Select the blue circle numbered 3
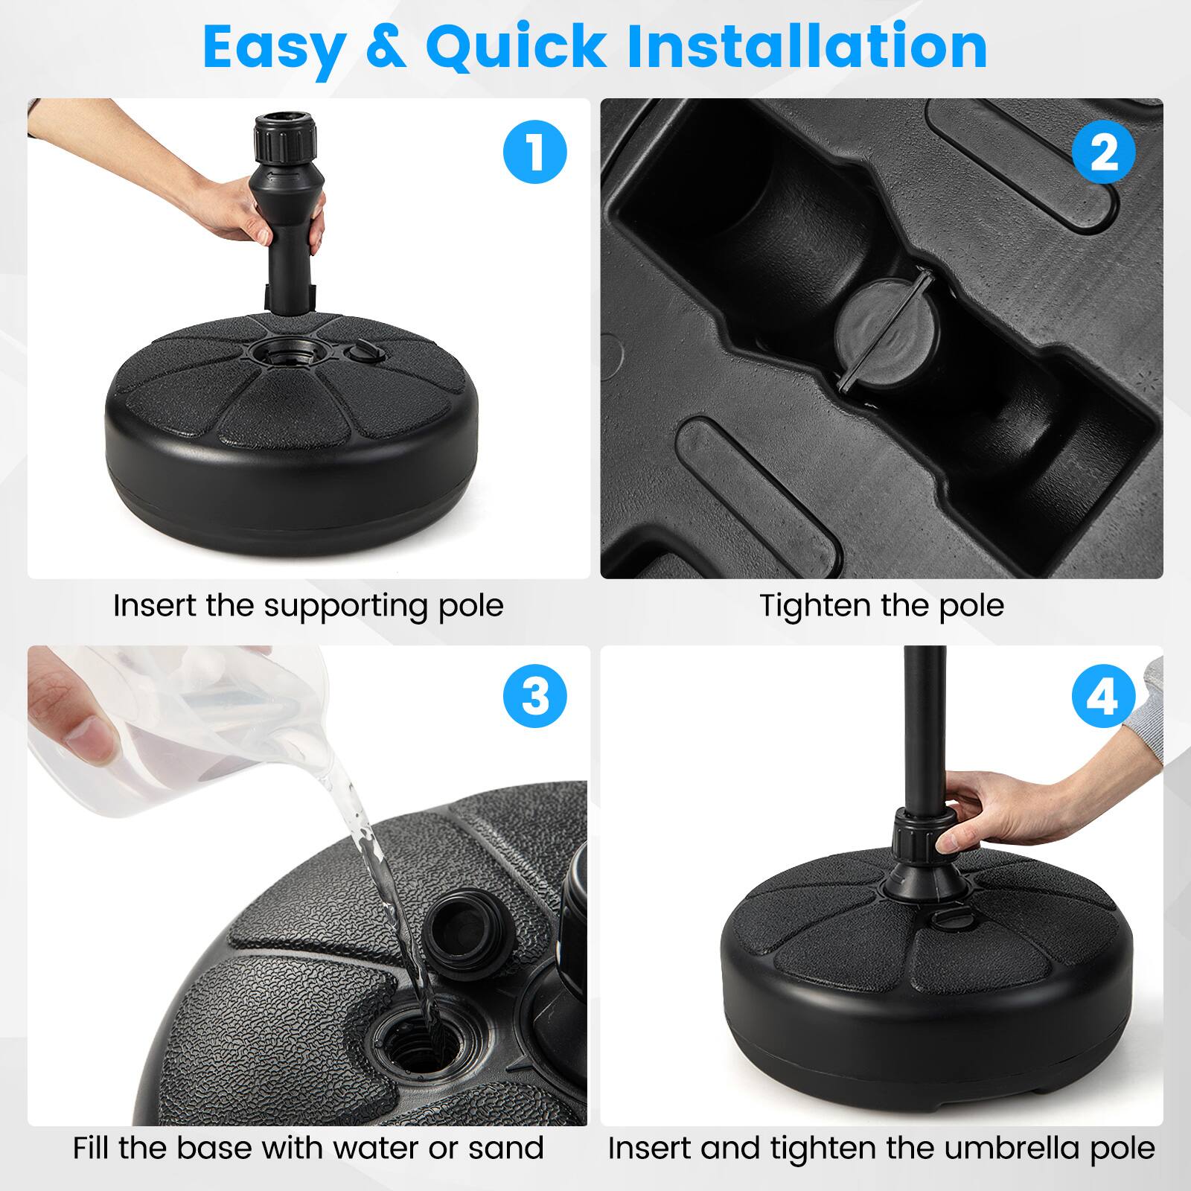[x=534, y=697]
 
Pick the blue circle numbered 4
[x=1103, y=697]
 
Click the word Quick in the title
[x=516, y=46]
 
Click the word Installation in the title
[x=808, y=46]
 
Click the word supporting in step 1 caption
[x=346, y=606]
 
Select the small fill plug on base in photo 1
[x=363, y=350]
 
